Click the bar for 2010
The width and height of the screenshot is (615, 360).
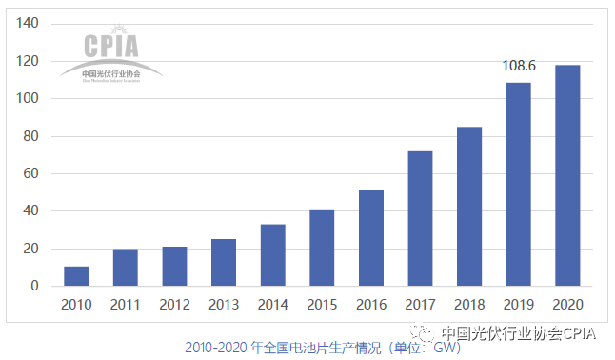pyautogui.click(x=76, y=276)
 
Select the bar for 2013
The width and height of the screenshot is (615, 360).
pyautogui.click(x=224, y=263)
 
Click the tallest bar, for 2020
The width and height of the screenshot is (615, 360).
pyautogui.click(x=566, y=175)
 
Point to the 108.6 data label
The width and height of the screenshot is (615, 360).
pyautogui.click(x=519, y=68)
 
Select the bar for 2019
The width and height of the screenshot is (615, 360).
pyautogui.click(x=518, y=185)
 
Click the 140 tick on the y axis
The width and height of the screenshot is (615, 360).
pyautogui.click(x=29, y=24)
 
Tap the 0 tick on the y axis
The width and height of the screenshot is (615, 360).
pyautogui.click(x=36, y=286)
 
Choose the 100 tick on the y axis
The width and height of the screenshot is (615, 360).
pyautogui.click(x=29, y=99)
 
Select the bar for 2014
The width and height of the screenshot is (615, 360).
pyautogui.click(x=272, y=255)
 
